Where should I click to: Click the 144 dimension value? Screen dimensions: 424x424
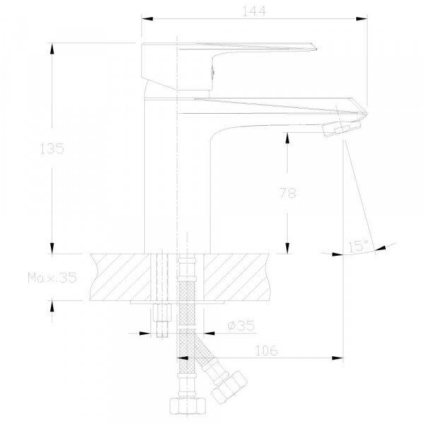point(254,11)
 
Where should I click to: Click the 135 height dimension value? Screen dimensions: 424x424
point(52,148)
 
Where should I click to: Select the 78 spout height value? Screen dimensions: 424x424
point(288,193)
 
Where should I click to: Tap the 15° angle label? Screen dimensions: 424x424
point(358,246)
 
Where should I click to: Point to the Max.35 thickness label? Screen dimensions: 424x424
point(52,278)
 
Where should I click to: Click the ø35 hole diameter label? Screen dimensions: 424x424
point(241,326)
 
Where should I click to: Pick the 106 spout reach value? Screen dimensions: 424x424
point(266,351)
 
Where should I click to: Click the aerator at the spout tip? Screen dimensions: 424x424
point(342,128)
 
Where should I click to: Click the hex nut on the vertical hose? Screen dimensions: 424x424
point(188,406)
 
